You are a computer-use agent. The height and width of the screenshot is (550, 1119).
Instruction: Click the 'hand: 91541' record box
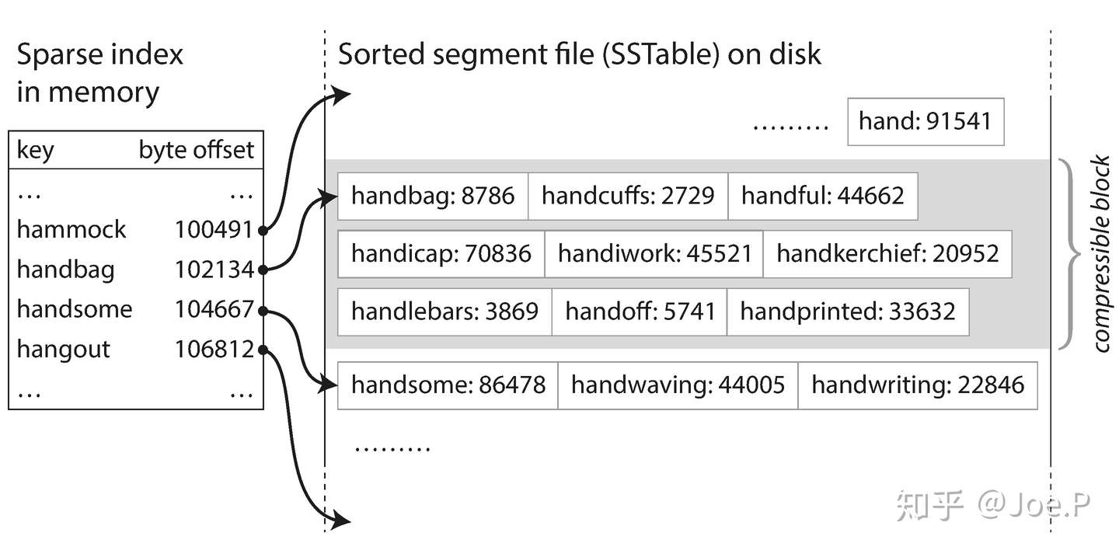click(x=926, y=121)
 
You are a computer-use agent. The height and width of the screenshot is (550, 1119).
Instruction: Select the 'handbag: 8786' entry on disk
click(x=433, y=196)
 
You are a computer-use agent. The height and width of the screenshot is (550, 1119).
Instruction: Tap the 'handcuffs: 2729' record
click(x=628, y=196)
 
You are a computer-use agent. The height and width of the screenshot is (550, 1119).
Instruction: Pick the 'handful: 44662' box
click(x=823, y=196)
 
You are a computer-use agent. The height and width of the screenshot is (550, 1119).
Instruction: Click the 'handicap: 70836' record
click(x=441, y=254)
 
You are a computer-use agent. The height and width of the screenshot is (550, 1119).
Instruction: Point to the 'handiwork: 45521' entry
click(x=654, y=254)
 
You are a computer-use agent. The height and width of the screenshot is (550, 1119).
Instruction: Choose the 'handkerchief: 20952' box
click(x=887, y=254)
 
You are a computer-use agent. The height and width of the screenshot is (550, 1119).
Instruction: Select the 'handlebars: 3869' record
click(x=444, y=312)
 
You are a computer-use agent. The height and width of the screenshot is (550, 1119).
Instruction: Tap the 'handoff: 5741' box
click(x=640, y=312)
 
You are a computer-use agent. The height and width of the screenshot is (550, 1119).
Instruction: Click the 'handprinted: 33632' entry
click(x=848, y=312)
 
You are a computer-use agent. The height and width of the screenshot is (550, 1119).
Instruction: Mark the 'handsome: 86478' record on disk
click(x=448, y=385)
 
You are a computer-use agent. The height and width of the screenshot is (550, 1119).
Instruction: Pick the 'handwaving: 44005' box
click(x=678, y=385)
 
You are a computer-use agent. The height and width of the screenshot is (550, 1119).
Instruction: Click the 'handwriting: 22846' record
click(x=918, y=385)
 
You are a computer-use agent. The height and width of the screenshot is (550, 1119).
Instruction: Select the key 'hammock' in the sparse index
click(x=71, y=230)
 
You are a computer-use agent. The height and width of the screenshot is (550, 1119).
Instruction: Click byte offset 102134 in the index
click(x=214, y=270)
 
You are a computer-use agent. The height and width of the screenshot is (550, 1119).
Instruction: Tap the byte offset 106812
click(x=214, y=349)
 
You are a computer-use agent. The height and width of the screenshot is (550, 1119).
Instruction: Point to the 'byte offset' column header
click(x=197, y=150)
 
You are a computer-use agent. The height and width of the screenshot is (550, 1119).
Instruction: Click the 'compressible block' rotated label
click(x=1100, y=254)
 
